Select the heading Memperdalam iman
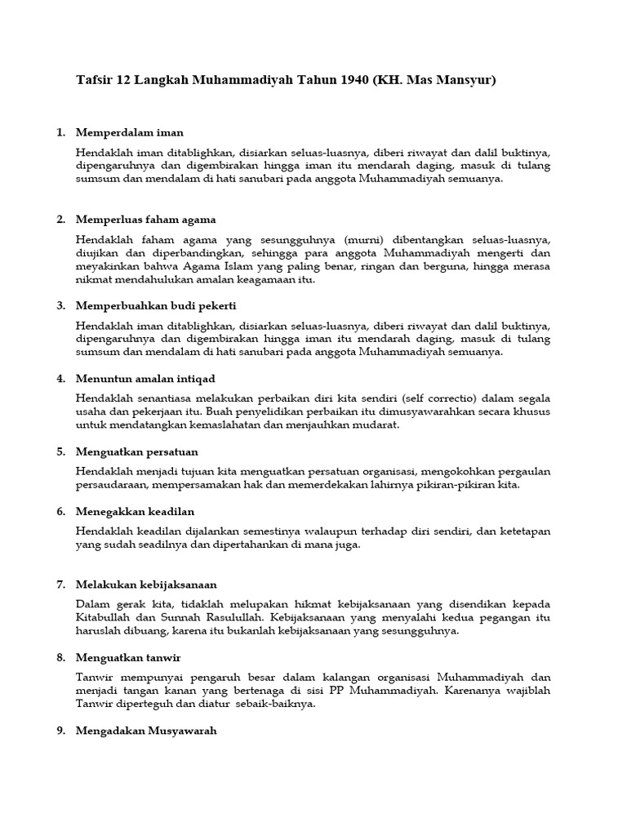129,131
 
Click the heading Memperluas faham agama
145,220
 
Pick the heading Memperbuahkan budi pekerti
155,305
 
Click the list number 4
60,379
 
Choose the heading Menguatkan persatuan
136,451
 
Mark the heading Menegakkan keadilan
135,511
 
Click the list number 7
60,585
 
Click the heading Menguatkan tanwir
128,657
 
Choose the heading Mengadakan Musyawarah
146,731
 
